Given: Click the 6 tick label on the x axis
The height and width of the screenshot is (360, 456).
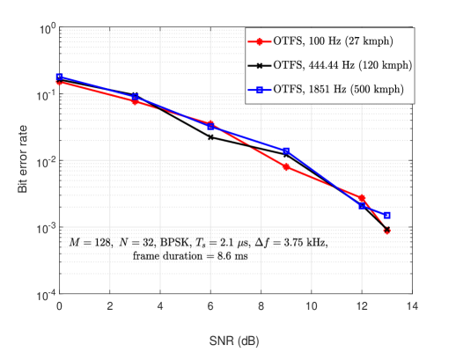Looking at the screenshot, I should pyautogui.click(x=210, y=306).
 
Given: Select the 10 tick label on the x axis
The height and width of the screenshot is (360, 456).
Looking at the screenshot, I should pyautogui.click(x=311, y=306).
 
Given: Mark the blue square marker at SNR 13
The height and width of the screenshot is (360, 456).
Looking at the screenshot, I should pyautogui.click(x=386, y=216).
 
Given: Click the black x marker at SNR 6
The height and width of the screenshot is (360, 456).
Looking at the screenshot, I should pyautogui.click(x=210, y=137).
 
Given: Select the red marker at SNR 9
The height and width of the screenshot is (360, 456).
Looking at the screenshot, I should pyautogui.click(x=286, y=166).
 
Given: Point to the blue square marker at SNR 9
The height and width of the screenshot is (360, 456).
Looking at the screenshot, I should pyautogui.click(x=286, y=151).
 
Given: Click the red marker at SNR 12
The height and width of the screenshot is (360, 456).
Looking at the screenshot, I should pyautogui.click(x=362, y=198).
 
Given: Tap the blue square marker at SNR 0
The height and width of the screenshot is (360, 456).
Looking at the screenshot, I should pyautogui.click(x=59, y=77).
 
